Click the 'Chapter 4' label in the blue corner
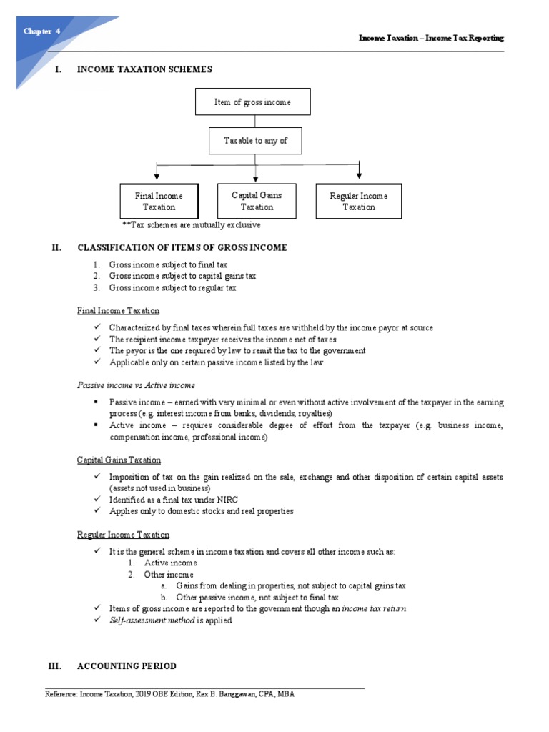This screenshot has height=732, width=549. tap(42, 31)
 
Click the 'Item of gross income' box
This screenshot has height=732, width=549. tap(252, 102)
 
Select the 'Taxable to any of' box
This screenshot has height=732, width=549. tap(255, 141)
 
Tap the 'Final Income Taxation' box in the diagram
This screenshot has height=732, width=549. tap(159, 201)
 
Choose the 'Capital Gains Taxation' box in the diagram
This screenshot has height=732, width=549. tap(257, 201)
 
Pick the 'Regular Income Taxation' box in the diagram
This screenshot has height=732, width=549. tap(358, 201)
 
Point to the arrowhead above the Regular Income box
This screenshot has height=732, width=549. tap(359, 176)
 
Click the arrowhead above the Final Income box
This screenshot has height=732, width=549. tap(157, 176)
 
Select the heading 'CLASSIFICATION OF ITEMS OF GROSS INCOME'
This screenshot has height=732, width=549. tap(182, 247)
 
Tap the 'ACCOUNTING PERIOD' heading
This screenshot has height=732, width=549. tap(127, 666)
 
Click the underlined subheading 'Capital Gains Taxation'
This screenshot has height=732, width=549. tap(119, 460)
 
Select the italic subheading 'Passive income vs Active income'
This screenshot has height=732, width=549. tap(136, 385)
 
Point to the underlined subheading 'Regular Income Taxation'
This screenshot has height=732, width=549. tap(123, 535)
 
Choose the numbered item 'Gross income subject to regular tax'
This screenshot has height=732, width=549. tap(172, 287)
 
